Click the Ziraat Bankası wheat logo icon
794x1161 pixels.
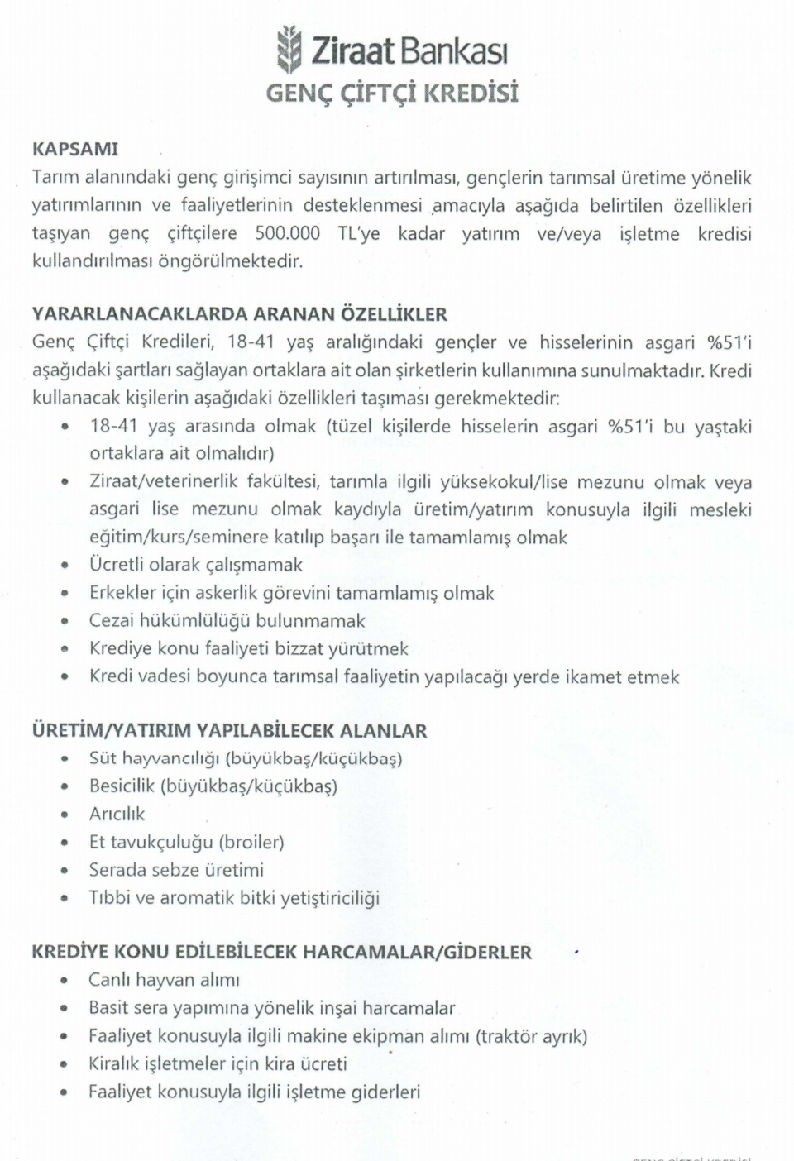(288, 49)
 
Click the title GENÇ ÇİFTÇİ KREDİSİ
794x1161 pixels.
(392, 93)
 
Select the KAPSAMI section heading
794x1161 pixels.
(74, 150)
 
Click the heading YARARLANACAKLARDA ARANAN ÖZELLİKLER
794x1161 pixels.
(239, 314)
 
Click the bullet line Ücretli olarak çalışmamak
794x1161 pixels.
(195, 565)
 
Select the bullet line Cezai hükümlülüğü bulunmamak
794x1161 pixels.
(227, 621)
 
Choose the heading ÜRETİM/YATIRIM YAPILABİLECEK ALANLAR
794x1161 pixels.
(229, 731)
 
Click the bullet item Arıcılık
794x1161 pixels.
(117, 815)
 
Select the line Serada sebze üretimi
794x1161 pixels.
(176, 870)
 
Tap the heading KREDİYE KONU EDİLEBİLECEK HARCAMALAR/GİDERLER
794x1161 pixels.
(281, 952)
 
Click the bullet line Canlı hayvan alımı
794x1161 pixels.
(164, 980)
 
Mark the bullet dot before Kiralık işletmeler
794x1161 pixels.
(65, 1065)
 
